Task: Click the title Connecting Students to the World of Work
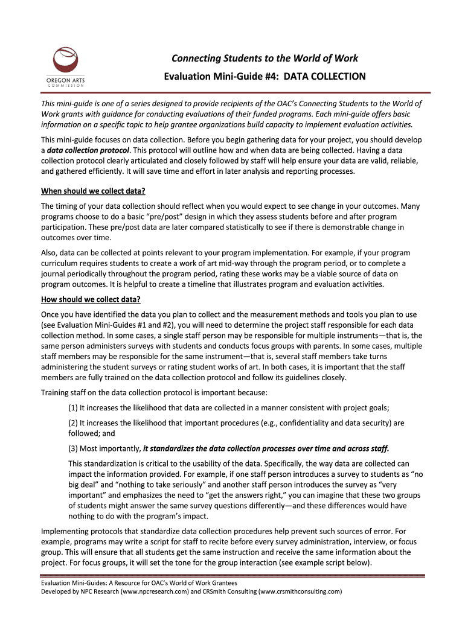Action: [x=265, y=59]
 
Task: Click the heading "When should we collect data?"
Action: [x=93, y=192]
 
